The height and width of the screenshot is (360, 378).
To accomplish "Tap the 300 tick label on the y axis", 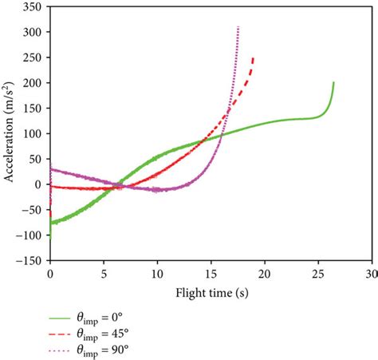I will [32, 32].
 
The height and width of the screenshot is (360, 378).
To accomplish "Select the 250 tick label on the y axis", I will [32, 57].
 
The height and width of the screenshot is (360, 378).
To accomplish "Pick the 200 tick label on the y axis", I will [32, 82].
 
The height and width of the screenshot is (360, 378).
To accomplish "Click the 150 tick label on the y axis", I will [32, 108].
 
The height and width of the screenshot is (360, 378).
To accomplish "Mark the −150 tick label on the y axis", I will [29, 259].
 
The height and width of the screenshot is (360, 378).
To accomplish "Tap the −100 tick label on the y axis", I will [29, 235].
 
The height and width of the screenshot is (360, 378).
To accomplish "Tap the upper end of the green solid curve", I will [333, 82].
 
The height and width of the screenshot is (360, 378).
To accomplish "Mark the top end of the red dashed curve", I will [254, 57].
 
